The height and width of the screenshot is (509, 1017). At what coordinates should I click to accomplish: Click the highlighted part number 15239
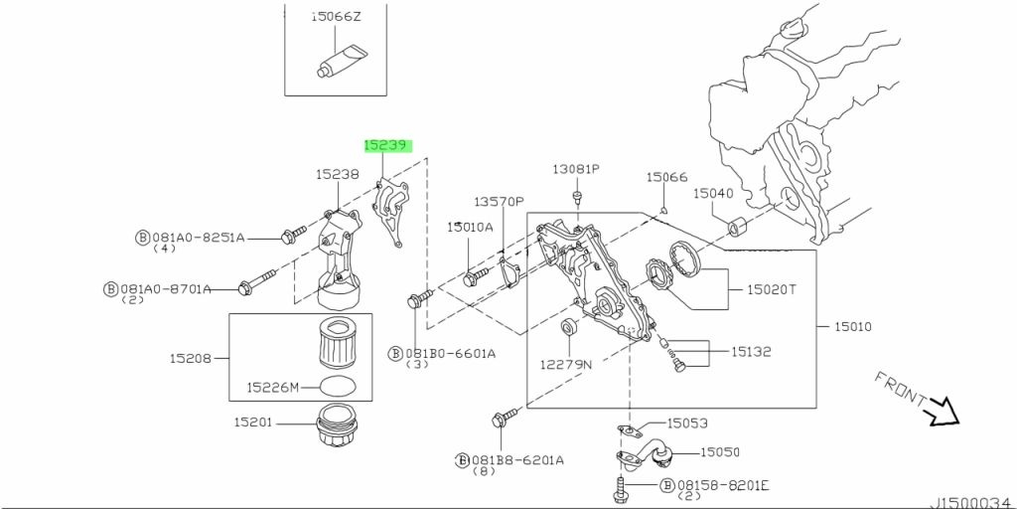coord(386,145)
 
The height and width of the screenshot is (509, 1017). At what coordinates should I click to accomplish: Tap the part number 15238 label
coord(337,174)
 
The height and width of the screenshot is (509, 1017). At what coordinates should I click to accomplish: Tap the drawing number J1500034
coord(971,501)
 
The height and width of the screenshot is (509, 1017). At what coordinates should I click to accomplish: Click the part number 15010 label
coord(851,326)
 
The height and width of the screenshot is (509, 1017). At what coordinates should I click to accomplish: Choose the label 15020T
coord(765,290)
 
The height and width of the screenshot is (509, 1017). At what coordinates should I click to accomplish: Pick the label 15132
coord(752,351)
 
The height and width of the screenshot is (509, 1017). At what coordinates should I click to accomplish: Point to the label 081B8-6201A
coord(516,460)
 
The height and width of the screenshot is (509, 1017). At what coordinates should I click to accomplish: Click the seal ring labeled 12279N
coord(568,327)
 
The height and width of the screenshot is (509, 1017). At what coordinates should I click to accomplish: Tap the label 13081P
coord(577,169)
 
